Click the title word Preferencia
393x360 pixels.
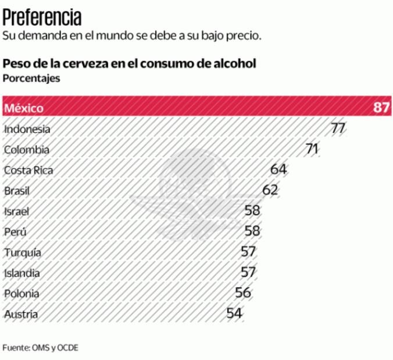(42, 16)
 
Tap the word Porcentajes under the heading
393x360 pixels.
(31, 78)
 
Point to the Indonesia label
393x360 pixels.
(27, 129)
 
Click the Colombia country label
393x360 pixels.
(26, 150)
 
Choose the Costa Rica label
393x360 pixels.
(28, 170)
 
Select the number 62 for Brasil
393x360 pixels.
(270, 190)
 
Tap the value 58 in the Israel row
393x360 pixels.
(252, 211)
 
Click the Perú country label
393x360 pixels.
(15, 232)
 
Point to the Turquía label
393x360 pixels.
(22, 253)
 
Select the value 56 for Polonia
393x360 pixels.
(243, 293)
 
